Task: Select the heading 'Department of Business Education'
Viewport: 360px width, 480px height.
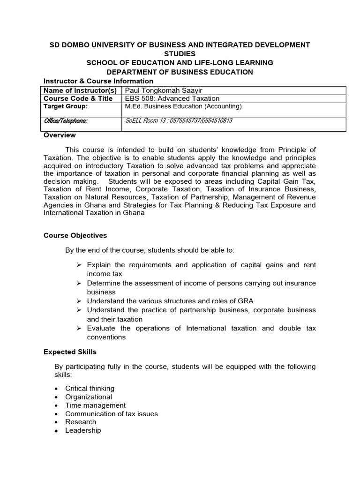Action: pyautogui.click(x=180, y=72)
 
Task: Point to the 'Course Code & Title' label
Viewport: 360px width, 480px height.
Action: pyautogui.click(x=78, y=98)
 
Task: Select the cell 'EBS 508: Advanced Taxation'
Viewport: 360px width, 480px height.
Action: pyautogui.click(x=172, y=98)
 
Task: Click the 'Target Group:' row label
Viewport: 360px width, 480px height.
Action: pyautogui.click(x=66, y=106)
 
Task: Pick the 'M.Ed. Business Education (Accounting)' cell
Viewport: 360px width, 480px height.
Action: pyautogui.click(x=183, y=106)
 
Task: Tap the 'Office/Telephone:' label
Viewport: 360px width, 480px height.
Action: pyautogui.click(x=66, y=121)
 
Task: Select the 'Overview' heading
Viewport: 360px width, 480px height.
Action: pyautogui.click(x=60, y=135)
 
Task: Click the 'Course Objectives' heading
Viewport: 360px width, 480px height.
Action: pyautogui.click(x=75, y=235)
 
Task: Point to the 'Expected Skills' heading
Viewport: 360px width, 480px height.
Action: pyautogui.click(x=70, y=352)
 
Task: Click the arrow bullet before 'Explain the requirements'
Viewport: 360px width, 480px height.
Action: pyautogui.click(x=80, y=265)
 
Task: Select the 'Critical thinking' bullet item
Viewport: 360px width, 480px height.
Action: pyautogui.click(x=90, y=389)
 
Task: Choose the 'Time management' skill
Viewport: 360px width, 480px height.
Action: pyautogui.click(x=95, y=405)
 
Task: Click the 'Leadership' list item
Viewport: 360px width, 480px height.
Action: pyautogui.click(x=83, y=430)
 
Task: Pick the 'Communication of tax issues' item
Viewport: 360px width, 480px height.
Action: pyautogui.click(x=111, y=414)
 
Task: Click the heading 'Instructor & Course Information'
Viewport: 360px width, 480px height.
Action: pyautogui.click(x=98, y=81)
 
